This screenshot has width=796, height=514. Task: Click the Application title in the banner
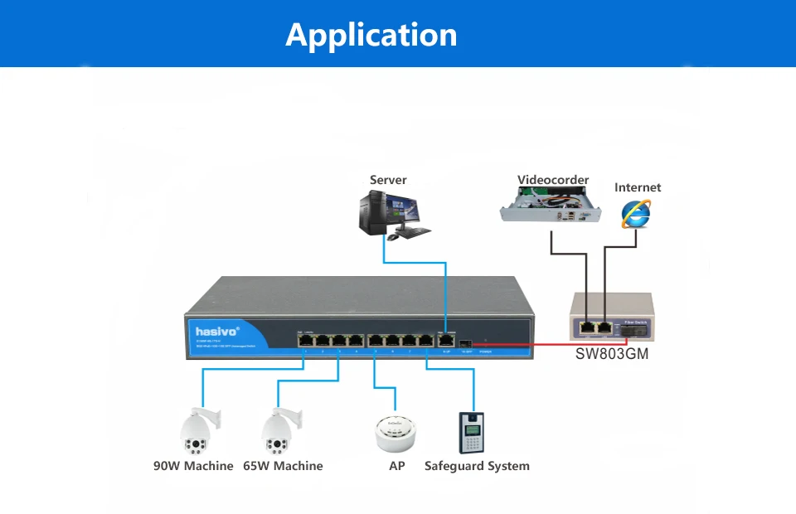(x=371, y=35)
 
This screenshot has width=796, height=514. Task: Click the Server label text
(x=388, y=180)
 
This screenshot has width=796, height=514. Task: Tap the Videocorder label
(x=553, y=180)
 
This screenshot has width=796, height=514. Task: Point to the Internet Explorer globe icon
(x=636, y=213)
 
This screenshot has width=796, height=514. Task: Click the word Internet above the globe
(x=638, y=187)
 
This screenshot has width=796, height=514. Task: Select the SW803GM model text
(x=612, y=354)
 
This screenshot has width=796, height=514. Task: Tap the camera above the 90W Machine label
(x=197, y=430)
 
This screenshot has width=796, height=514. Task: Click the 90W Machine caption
(x=193, y=466)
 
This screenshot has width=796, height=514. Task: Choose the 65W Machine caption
(x=283, y=466)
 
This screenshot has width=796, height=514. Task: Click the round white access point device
(x=395, y=433)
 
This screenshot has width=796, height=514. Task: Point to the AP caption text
(x=397, y=466)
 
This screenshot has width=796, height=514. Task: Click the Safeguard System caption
(x=477, y=466)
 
